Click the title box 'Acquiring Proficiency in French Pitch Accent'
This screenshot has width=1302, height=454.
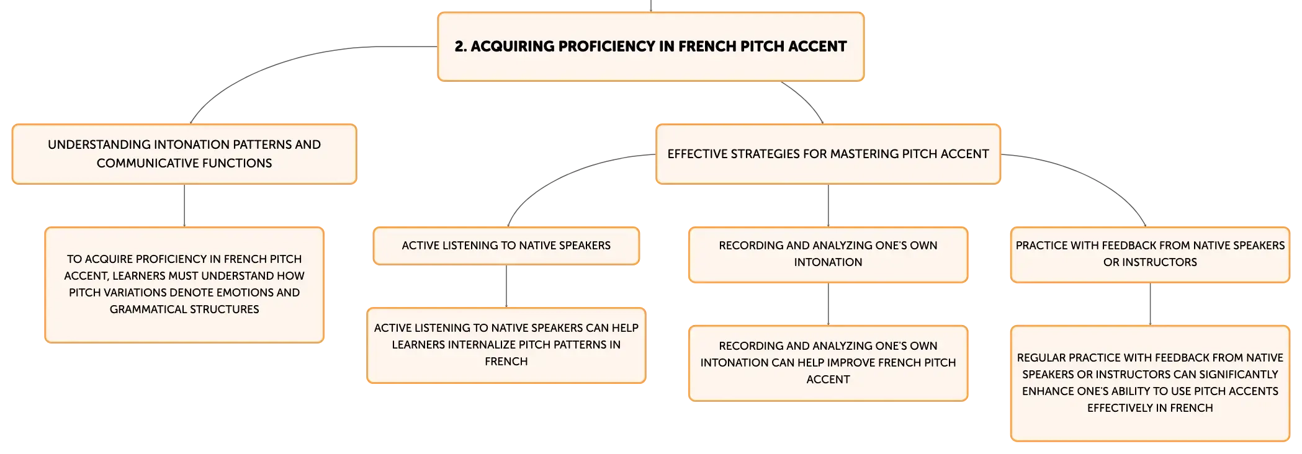pos(650,47)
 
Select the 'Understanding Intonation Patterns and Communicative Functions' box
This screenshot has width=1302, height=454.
pos(184,154)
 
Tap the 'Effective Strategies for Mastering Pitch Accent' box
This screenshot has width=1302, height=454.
pos(828,154)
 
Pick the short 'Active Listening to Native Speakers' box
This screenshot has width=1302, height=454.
pos(506,246)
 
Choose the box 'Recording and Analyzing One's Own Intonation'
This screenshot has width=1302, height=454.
pos(828,254)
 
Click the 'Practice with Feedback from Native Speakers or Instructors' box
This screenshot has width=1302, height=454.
pos(1150,254)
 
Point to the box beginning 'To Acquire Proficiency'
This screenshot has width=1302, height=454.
pos(184,285)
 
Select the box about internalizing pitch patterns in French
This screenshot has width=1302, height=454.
pos(506,345)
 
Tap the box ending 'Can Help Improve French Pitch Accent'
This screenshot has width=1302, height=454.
pos(828,363)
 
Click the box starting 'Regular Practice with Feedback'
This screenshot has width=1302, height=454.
pos(1150,383)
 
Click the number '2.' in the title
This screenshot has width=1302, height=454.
pos(460,47)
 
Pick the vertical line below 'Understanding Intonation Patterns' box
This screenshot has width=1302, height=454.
pos(184,205)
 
